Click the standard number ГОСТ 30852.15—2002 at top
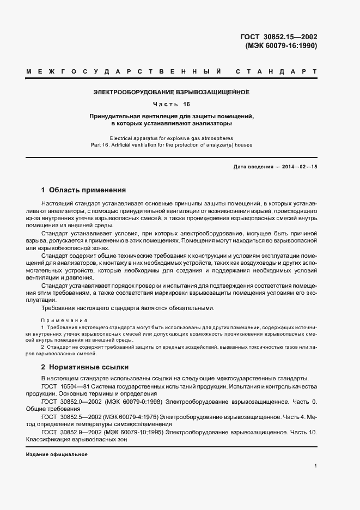[x=278, y=37]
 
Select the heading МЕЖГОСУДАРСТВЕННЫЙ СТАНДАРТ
[x=172, y=71]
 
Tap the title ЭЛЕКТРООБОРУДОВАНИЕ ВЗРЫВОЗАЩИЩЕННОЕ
[x=172, y=92]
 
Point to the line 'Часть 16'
[x=172, y=104]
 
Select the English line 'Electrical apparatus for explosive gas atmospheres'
[x=172, y=138]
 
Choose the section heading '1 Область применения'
[x=83, y=190]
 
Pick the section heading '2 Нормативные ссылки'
[x=84, y=367]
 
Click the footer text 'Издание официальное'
[x=57, y=454]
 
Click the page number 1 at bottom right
[x=316, y=466]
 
